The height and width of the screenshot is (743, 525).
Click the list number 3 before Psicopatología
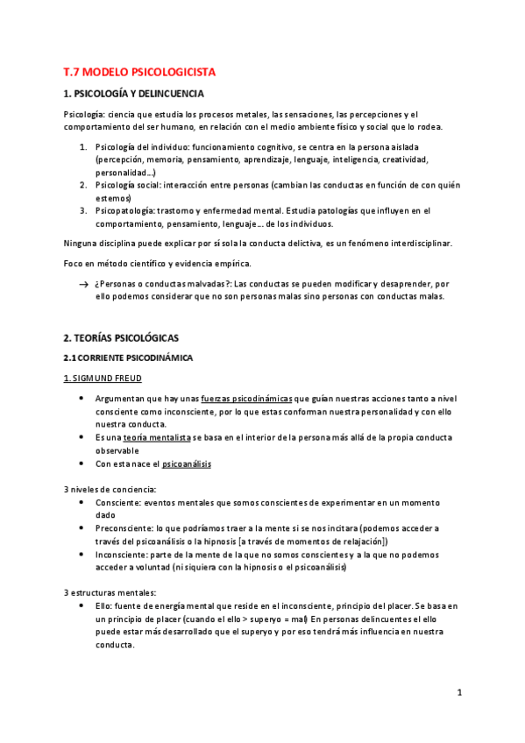pos(82,211)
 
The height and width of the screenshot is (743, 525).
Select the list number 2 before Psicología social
pos(82,185)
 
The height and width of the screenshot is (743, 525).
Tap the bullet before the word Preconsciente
pos(82,528)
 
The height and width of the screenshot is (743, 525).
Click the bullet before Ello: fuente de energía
pos(82,606)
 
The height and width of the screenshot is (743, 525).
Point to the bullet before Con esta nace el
pos(82,463)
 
